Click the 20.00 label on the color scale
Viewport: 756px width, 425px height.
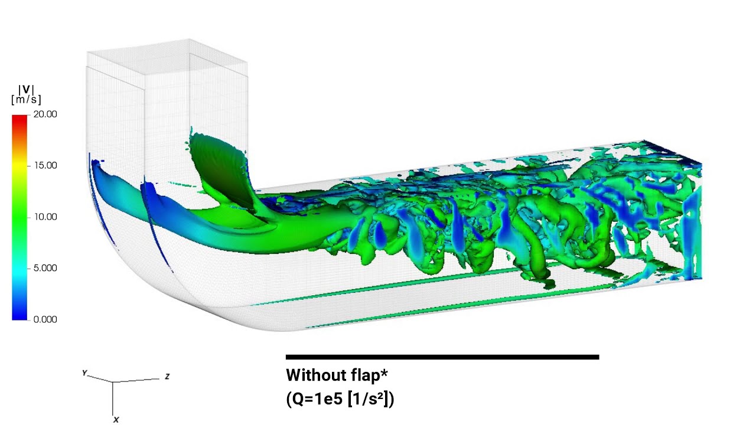click(x=45, y=115)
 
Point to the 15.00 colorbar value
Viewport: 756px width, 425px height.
click(x=45, y=166)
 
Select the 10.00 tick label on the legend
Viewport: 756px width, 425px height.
click(x=45, y=217)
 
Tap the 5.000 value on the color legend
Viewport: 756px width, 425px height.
click(x=45, y=268)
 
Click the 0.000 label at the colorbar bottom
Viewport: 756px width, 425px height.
click(x=45, y=319)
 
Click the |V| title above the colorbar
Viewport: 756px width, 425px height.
click(x=26, y=90)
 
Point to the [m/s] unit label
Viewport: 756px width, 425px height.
click(x=26, y=100)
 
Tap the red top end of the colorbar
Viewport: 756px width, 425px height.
click(x=19, y=119)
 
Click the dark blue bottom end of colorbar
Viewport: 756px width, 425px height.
click(x=19, y=316)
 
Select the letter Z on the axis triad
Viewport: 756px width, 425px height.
click(x=167, y=377)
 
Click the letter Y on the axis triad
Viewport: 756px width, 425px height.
click(x=84, y=373)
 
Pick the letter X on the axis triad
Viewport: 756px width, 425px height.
click(x=116, y=420)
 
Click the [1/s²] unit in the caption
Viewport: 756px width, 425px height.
click(x=369, y=399)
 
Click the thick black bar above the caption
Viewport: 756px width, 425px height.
click(x=442, y=357)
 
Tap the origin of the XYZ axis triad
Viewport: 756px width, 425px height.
click(x=113, y=382)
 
